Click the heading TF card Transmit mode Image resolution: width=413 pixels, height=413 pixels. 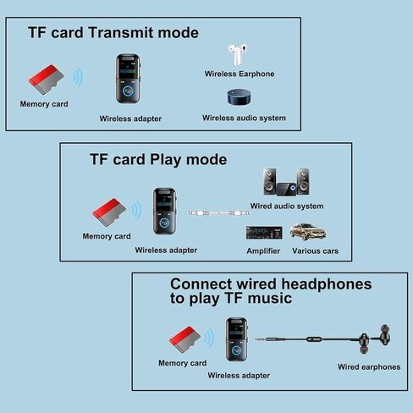pyautogui.click(x=113, y=33)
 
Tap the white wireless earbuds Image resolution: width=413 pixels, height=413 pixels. pyautogui.click(x=238, y=54)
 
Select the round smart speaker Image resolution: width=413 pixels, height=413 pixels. pyautogui.click(x=240, y=97)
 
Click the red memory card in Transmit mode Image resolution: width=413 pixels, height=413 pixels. pyautogui.click(x=46, y=80)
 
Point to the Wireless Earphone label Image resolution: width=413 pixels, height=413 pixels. pyautogui.click(x=240, y=74)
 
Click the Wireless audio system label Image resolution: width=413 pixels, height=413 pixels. pyautogui.click(x=244, y=118)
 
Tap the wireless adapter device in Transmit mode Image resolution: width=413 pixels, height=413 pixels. pyautogui.click(x=128, y=79)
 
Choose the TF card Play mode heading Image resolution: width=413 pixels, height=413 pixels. pyautogui.click(x=158, y=160)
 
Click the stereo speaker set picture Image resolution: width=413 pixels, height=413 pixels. pyautogui.click(x=286, y=182)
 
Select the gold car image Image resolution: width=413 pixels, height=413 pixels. pyautogui.click(x=308, y=232)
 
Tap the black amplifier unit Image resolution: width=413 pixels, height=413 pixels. pyautogui.click(x=264, y=233)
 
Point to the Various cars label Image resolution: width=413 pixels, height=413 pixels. pyautogui.click(x=315, y=251)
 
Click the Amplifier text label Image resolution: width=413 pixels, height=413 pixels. pyautogui.click(x=263, y=251)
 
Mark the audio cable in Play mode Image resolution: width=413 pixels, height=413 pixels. pyautogui.click(x=218, y=213)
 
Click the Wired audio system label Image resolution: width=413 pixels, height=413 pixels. pyautogui.click(x=287, y=206)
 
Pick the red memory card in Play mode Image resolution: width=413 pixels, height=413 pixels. pyautogui.click(x=109, y=212)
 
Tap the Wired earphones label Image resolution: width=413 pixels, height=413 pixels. pyautogui.click(x=369, y=367)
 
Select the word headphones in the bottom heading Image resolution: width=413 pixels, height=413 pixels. pyautogui.click(x=327, y=284)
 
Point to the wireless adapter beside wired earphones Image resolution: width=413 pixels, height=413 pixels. pyautogui.click(x=236, y=339)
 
